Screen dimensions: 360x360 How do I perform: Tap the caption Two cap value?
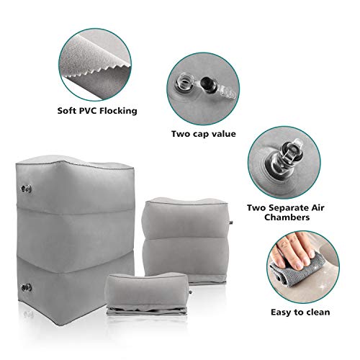(204, 133)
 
